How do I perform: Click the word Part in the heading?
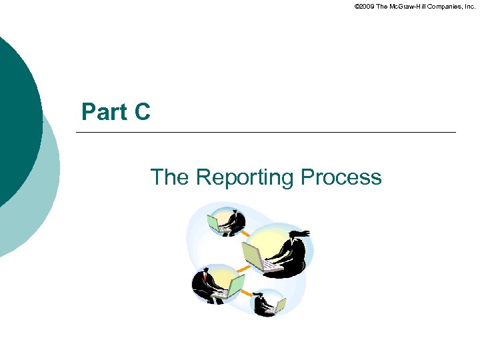click(x=105, y=112)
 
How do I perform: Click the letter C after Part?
click(x=142, y=112)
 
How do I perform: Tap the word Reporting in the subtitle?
click(x=245, y=177)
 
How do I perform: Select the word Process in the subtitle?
click(x=341, y=177)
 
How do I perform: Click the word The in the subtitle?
click(x=170, y=177)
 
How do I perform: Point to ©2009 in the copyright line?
click(x=365, y=6)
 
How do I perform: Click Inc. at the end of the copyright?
click(x=468, y=6)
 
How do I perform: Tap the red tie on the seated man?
click(x=207, y=281)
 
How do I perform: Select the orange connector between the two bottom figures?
click(x=247, y=293)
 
